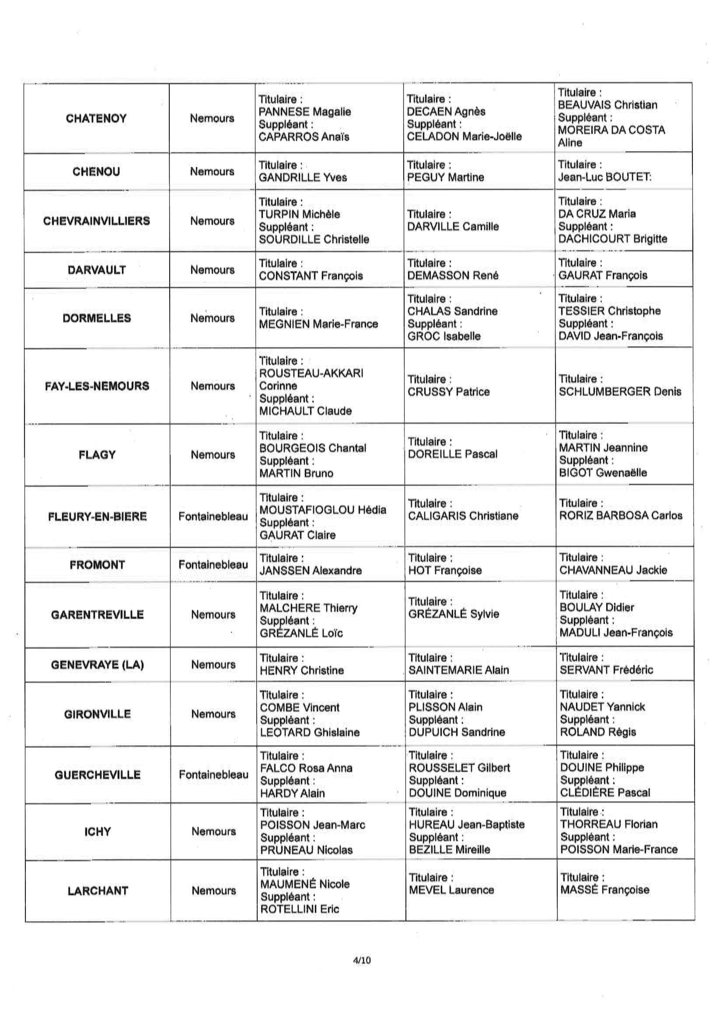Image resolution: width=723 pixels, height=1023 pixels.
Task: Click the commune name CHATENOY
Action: [x=96, y=119]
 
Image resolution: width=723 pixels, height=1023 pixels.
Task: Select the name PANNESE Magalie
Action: [x=305, y=112]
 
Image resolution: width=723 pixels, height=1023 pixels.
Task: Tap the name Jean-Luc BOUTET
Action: [x=604, y=177]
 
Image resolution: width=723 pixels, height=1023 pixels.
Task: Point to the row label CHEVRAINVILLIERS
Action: [x=97, y=221]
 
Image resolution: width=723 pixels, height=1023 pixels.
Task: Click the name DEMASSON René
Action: [x=453, y=276]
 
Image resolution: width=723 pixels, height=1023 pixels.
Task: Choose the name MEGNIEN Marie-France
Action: [x=318, y=324]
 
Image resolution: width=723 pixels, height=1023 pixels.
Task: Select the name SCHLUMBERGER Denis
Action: [x=620, y=392]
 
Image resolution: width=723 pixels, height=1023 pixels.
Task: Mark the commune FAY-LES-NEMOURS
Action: [x=97, y=386]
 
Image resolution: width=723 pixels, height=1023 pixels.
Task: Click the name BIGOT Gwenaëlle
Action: [x=603, y=473]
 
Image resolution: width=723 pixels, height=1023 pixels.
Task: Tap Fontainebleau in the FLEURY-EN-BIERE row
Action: [x=213, y=516]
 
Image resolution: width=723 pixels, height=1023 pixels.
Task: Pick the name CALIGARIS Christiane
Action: [x=463, y=516]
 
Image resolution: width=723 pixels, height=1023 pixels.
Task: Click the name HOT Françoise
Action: [x=445, y=570]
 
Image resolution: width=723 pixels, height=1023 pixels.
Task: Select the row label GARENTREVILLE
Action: [x=98, y=615]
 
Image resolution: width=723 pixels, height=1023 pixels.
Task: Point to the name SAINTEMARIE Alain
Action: [x=458, y=670]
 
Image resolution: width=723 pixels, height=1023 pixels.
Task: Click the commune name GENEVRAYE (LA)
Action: [x=98, y=665]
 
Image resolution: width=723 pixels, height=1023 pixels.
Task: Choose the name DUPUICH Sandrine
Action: [x=457, y=732]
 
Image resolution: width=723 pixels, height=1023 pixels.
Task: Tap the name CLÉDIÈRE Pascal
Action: [x=605, y=793]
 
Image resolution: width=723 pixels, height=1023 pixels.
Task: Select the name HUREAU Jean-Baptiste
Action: [x=467, y=825]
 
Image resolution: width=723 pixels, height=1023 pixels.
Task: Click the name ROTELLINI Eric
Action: [x=300, y=909]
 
